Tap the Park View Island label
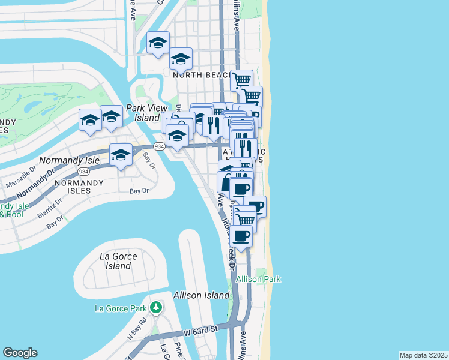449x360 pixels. pos(143,113)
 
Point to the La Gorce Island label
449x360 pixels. pos(118,261)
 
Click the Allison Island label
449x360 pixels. pos(201,295)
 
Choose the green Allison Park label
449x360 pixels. pos(258,280)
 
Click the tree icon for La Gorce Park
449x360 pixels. pos(156,308)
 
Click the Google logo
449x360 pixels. pos(20,353)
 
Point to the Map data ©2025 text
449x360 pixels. pos(423,355)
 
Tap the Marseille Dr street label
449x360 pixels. pos(22,178)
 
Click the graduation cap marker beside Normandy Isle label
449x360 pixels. pos(121,155)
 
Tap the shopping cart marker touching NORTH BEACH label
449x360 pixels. pos(241,79)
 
